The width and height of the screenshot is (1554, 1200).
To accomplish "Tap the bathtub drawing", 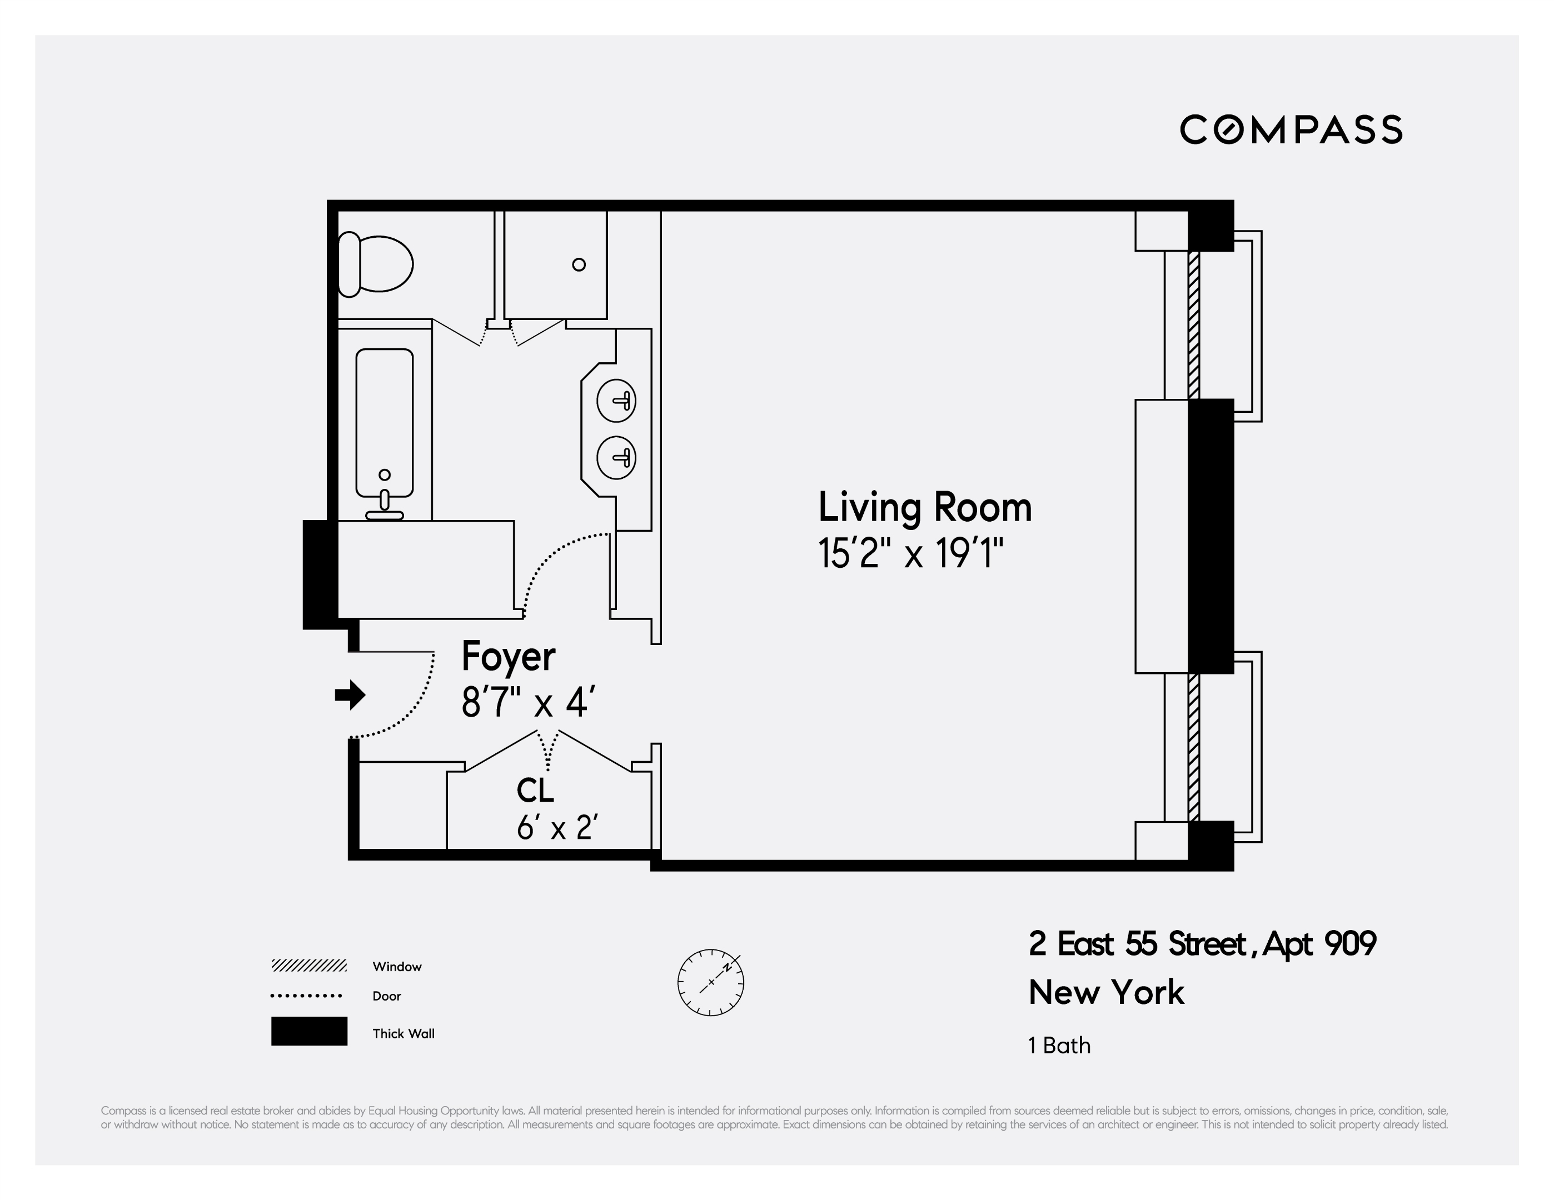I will [x=384, y=424].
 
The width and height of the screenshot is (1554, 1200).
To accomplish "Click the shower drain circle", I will [x=579, y=264].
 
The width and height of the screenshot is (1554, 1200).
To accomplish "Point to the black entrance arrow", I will [x=350, y=695].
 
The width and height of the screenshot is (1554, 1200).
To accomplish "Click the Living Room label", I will [x=924, y=507].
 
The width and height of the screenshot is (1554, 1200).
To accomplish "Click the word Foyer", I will [x=508, y=656].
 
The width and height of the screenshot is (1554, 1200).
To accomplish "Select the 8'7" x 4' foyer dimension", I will [x=527, y=702].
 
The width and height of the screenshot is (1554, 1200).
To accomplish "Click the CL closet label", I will [x=535, y=789].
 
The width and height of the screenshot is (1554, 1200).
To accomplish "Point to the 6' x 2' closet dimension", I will [x=556, y=827].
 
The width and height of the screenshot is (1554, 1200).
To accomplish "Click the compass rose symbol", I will [x=710, y=982].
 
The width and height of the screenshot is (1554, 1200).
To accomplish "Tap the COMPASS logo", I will [x=1291, y=129].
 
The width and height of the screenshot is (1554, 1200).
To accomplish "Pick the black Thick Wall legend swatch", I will [x=309, y=1031].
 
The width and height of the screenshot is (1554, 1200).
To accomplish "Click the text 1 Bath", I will [x=1059, y=1046].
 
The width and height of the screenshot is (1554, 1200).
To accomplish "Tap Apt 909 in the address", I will [x=1318, y=944].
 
